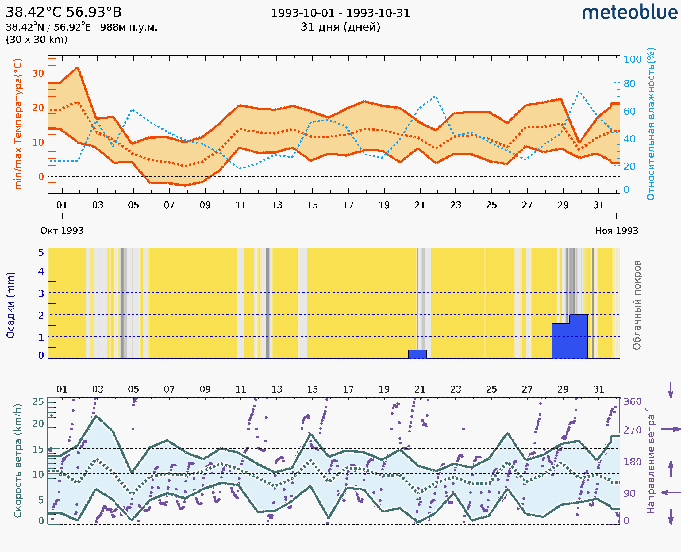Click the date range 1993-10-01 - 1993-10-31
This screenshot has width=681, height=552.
point(340,13)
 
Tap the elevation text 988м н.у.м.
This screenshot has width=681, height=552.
point(129,27)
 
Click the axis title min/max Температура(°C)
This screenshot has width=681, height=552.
point(18,124)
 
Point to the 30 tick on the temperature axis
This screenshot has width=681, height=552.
point(38,73)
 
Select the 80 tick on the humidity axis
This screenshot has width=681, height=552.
point(629,84)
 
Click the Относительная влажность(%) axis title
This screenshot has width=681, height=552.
point(651,124)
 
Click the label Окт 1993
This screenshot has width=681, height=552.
point(62,231)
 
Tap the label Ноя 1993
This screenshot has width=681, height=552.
point(617,231)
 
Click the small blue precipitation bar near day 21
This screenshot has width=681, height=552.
point(417,354)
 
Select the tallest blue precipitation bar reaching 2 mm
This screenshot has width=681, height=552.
point(579,336)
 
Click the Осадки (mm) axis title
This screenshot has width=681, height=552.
point(10,305)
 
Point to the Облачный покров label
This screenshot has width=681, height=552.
point(637,305)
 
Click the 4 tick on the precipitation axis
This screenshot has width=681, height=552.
point(41,271)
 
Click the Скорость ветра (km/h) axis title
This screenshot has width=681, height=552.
point(18,461)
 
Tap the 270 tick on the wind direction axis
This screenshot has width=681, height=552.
point(632,430)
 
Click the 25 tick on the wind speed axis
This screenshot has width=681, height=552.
point(38,402)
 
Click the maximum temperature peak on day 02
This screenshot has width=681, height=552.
point(77,68)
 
